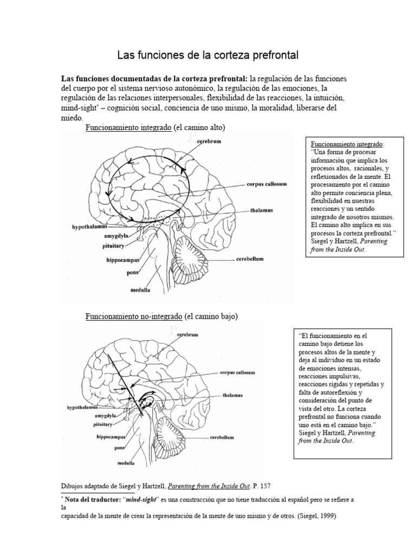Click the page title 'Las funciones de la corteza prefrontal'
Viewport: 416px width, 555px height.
pyautogui.click(x=208, y=55)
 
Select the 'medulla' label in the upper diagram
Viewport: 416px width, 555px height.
pyautogui.click(x=140, y=291)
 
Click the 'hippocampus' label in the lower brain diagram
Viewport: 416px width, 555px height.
pyautogui.click(x=111, y=436)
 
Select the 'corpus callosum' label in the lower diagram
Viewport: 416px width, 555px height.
pyautogui.click(x=237, y=373)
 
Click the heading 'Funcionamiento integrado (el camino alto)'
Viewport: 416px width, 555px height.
pyautogui.click(x=155, y=127)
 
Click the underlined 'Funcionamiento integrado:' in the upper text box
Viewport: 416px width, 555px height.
pyautogui.click(x=347, y=145)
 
